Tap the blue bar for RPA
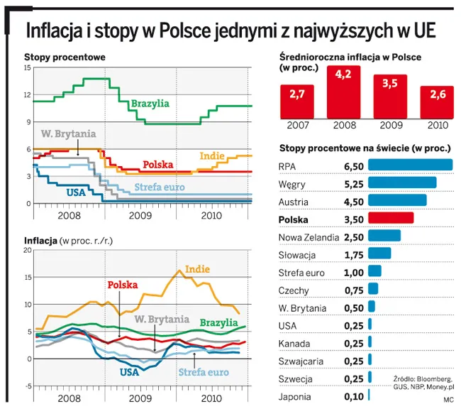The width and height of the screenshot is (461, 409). point(410,165)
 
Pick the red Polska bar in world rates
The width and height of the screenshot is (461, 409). point(391,218)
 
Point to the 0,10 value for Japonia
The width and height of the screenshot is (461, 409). point(353,397)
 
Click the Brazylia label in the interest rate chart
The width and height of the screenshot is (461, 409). point(150,104)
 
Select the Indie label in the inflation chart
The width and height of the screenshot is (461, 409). point(198,269)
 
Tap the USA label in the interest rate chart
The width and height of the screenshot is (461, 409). point(76,192)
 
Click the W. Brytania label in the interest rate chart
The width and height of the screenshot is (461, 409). point(68,133)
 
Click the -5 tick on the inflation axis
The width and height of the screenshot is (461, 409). point(27,386)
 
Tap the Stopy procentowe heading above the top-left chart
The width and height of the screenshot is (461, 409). point(65,57)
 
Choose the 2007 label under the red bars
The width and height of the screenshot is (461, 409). point(298,125)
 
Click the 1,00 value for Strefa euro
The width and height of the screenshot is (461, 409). point(353,272)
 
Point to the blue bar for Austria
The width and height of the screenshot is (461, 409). point(397,200)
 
